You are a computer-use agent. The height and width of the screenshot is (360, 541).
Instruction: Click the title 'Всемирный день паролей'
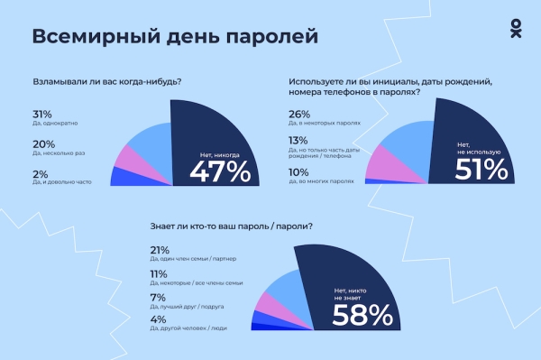tap(175, 37)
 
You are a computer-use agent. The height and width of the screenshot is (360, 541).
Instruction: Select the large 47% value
tap(219, 171)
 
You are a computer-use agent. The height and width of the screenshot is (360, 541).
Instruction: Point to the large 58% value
tap(362, 313)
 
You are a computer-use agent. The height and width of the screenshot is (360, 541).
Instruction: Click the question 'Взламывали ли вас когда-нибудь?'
tap(106, 82)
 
